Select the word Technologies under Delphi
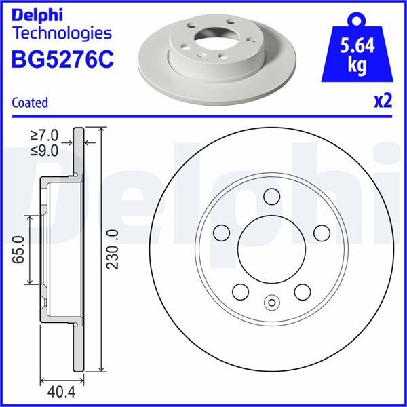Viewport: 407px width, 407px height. click(x=61, y=33)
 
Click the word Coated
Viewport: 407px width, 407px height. click(x=30, y=103)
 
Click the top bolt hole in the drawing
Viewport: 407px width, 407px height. click(x=271, y=197)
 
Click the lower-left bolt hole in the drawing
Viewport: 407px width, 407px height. click(x=240, y=292)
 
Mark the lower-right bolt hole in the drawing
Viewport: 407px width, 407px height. click(x=303, y=292)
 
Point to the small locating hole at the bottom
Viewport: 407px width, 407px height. click(x=271, y=303)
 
